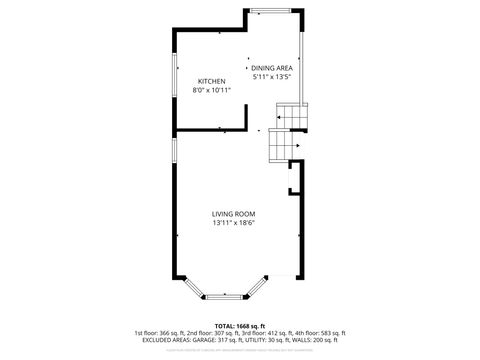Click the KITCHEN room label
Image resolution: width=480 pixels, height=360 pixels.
click(x=211, y=81)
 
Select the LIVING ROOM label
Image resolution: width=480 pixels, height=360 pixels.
click(x=233, y=214)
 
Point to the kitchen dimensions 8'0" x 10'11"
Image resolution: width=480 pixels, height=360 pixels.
click(x=211, y=90)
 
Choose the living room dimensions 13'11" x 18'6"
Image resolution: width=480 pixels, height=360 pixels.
click(x=233, y=223)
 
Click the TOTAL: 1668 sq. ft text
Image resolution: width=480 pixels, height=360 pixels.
click(x=239, y=326)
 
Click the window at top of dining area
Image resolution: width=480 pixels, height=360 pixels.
click(x=270, y=11)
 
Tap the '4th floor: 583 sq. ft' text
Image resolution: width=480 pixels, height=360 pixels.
click(x=322, y=333)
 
